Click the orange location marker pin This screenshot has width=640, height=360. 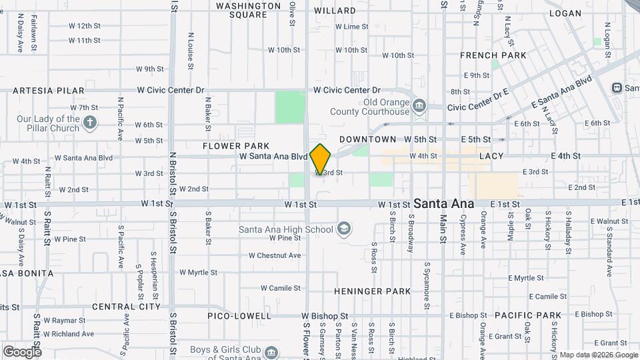(321, 159)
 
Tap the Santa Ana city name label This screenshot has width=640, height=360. (444, 203)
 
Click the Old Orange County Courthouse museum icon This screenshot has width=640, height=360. (419, 105)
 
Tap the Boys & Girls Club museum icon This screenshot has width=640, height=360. (271, 352)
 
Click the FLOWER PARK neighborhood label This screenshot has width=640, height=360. (236, 146)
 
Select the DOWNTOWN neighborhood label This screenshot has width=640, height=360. (367, 139)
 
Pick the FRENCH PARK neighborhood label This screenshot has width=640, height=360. (493, 55)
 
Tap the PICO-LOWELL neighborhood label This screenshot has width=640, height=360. (239, 315)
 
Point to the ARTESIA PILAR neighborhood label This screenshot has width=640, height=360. (49, 91)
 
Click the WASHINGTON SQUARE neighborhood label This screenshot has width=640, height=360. (249, 10)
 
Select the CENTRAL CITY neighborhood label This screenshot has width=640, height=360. (127, 307)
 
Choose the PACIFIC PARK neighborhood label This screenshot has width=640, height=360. (528, 315)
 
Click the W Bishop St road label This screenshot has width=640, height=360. (325, 315)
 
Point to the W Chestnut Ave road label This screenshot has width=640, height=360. (275, 255)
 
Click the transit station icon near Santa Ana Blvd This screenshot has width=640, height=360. (617, 87)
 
